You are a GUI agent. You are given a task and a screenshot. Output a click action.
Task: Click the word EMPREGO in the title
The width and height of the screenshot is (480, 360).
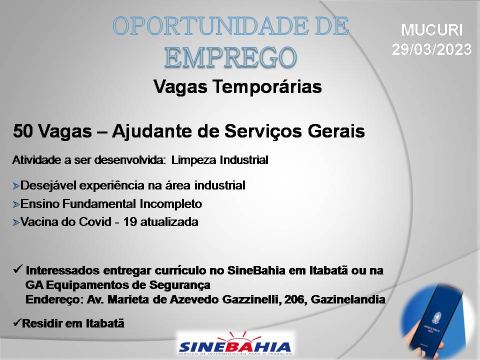pos(230,57)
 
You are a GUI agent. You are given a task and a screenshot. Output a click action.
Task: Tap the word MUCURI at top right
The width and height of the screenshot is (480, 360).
pos(431,30)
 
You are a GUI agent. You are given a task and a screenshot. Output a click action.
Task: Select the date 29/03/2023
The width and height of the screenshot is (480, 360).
pos(431,49)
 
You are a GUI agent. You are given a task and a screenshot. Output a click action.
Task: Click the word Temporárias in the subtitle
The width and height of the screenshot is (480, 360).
pos(267,86)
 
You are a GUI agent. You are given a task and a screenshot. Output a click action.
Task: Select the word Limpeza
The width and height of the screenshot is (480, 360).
pos(194,160)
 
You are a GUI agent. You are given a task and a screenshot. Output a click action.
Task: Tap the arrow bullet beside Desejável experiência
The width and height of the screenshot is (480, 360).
pos(16,186)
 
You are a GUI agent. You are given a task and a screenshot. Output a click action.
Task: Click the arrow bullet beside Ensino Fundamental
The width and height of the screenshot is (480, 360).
pos(16,204)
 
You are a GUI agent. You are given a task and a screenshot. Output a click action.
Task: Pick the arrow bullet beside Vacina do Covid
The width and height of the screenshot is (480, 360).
pos(16,222)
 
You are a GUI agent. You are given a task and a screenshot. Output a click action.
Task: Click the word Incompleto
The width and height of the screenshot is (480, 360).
pos(171,204)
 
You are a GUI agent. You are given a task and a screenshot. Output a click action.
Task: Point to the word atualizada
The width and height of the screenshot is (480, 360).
pos(169,222)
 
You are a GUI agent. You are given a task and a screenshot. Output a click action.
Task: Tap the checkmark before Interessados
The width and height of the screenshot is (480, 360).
pos(18,269)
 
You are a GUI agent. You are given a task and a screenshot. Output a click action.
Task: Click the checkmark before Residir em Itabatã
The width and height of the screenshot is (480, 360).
pos(17,322)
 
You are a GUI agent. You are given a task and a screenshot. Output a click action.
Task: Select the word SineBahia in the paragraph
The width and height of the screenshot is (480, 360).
pos(256,270)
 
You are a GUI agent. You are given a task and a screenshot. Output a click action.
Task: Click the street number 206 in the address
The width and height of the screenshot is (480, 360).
pos(295,299)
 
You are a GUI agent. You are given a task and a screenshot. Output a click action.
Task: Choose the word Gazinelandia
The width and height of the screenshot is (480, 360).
pos(348,299)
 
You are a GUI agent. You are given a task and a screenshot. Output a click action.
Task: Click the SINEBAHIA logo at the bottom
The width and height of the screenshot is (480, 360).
pos(235,344)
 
